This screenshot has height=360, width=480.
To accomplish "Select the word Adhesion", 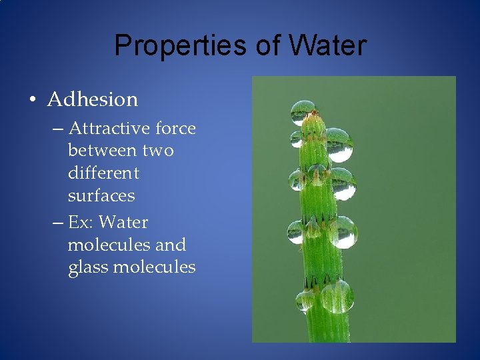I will coord(93,99).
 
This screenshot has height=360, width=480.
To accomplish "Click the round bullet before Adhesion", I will coord(32,101).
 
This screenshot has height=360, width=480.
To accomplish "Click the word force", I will coord(175,127).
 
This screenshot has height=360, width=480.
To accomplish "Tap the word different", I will coord(103,173).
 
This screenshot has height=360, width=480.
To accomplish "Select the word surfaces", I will coord(101,195).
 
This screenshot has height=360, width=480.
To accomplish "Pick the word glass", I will coord(88,267).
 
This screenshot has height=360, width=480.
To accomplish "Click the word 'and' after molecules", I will coord(170,245).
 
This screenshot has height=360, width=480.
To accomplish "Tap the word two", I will coord(157,150).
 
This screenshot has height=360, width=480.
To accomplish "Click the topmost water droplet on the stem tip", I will coord(303,112).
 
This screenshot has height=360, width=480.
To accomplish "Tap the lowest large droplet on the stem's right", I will coord(337,296).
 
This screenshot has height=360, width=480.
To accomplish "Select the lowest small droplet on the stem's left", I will coord(305,300).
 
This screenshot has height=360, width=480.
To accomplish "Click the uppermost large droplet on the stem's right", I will coord(339,145).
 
